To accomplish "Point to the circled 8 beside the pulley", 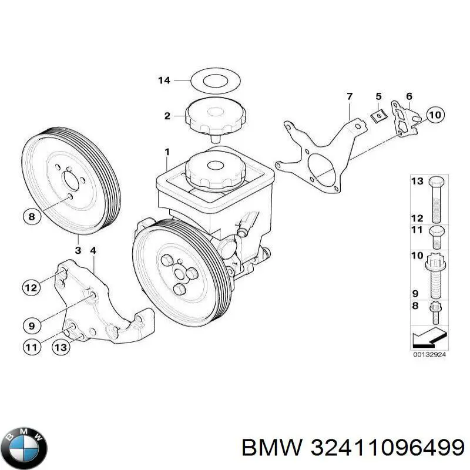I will tap(32, 217).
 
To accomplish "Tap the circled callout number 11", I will tap(32, 347).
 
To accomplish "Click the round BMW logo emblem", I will tap(24, 443).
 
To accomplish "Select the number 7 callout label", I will tap(349, 97).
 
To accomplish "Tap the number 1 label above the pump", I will tap(167, 153).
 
